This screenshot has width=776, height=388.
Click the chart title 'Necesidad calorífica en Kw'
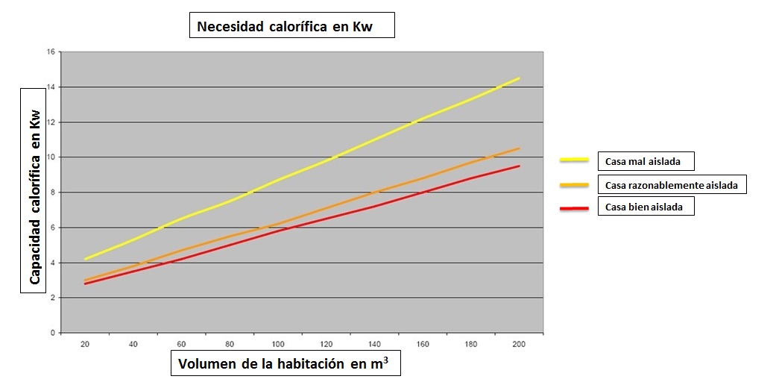pos(291,28)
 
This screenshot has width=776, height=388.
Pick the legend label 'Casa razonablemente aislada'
pos(672,184)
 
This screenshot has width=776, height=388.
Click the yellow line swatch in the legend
pos(575,160)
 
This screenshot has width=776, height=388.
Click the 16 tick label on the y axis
pos(51,52)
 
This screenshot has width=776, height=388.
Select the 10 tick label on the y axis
pos(51,157)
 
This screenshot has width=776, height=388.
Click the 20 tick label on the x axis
pos(86,345)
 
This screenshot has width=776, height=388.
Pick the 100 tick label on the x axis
pos(279,345)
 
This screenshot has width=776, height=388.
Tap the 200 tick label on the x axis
pos(519,345)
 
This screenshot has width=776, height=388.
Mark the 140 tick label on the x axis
pos(375,345)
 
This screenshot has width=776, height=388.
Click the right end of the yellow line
pos(519,78)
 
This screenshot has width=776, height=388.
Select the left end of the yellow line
pos(86,259)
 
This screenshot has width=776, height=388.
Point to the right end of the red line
pos(519,166)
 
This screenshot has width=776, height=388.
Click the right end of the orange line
pos(519,148)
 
